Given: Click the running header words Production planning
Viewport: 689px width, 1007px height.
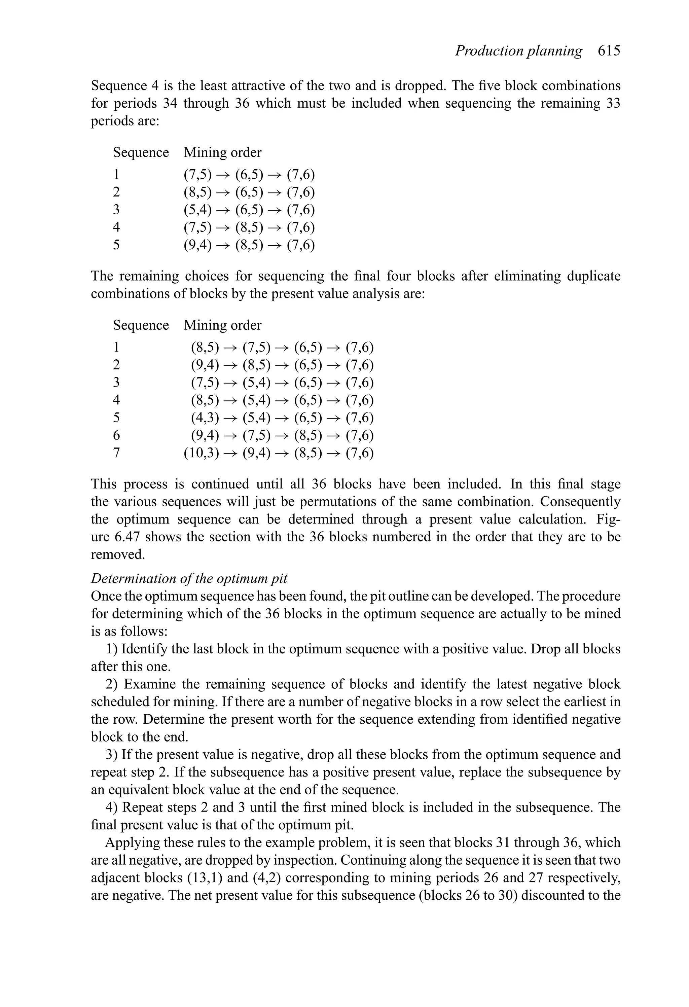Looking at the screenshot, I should [518, 51].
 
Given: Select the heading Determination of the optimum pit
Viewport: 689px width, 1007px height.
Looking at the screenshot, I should [189, 578].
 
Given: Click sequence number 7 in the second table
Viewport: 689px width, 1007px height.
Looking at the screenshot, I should [116, 453].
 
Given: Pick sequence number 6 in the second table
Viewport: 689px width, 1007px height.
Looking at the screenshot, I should [116, 435].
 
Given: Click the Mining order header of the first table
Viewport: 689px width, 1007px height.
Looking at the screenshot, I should [223, 152].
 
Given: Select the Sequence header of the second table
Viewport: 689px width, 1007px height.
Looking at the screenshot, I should [141, 325].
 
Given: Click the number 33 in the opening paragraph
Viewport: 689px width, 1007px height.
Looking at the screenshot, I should [611, 104].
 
